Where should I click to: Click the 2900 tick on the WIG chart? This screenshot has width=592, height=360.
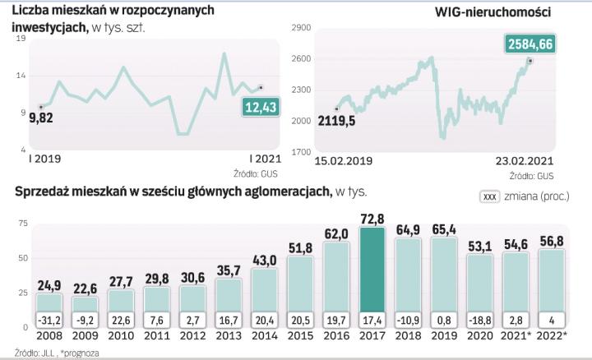[x=299, y=28]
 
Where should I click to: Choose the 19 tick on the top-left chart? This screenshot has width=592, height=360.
[x=20, y=38]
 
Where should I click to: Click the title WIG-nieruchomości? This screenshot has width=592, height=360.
[x=492, y=12]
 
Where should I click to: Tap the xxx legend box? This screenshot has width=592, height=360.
[x=489, y=197]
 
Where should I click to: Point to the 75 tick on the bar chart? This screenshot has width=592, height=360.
[x=22, y=223]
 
